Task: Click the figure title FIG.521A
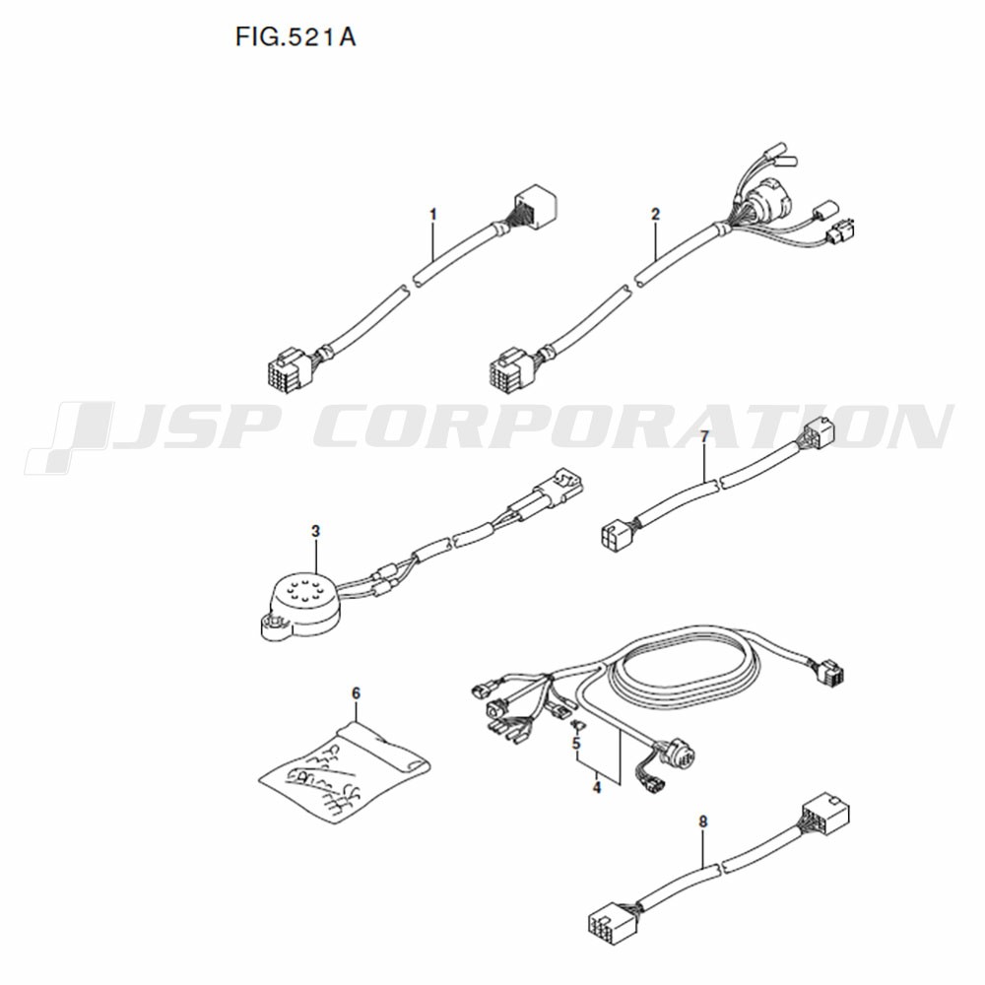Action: [295, 37]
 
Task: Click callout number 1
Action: [432, 215]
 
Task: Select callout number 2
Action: [656, 214]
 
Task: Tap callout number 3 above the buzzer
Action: [315, 532]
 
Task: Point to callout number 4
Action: [596, 786]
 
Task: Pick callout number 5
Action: [576, 744]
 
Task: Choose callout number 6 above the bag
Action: [357, 693]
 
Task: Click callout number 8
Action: [703, 821]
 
